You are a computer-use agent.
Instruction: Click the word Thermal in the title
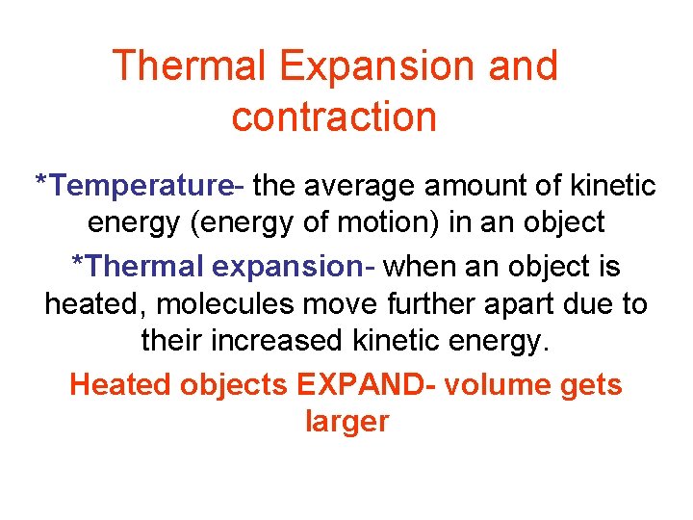pyautogui.click(x=192, y=66)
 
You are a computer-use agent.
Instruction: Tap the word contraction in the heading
pyautogui.click(x=334, y=117)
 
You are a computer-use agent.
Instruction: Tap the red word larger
pyautogui.click(x=346, y=423)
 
